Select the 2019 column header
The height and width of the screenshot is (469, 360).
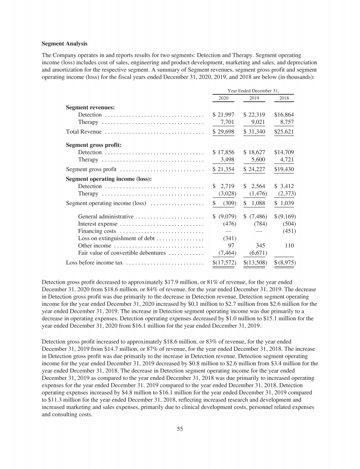click(254, 98)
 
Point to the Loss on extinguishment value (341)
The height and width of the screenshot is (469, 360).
click(227, 238)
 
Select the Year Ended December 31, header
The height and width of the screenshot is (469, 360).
click(254, 89)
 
